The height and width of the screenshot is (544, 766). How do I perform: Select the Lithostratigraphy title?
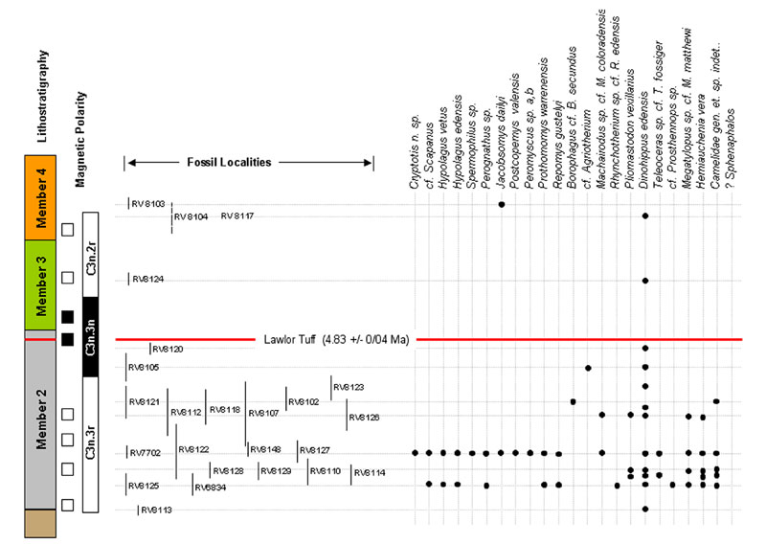coord(41,96)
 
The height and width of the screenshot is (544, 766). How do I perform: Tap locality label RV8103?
coord(147,203)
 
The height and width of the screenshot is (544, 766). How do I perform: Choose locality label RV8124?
coord(147,280)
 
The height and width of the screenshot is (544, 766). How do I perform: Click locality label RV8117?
coord(237,216)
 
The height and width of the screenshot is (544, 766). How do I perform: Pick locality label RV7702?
coord(146,453)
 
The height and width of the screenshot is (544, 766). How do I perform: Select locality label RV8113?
coord(156,510)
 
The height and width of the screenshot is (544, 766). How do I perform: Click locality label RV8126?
coord(364,418)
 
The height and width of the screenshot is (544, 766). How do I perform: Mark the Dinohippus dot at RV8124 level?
coord(645,281)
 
